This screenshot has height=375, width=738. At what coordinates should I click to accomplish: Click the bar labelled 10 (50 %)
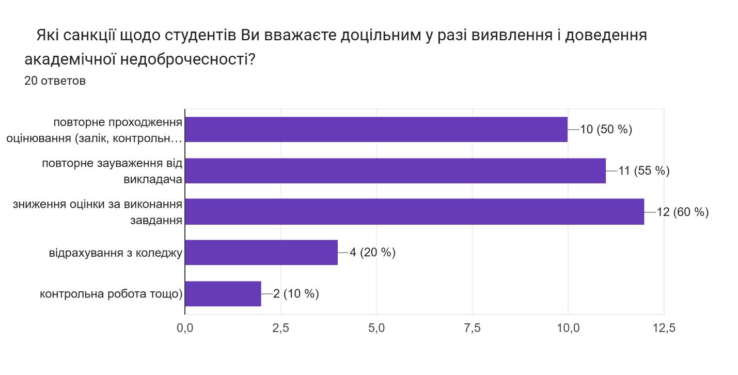376,130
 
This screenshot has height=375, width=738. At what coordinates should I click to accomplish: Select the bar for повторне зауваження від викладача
395,171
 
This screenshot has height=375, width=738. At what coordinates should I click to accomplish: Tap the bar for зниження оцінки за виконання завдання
414,212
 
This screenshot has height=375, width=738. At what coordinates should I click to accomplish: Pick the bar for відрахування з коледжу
261,253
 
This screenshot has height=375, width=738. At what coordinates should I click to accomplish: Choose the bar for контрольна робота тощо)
223,294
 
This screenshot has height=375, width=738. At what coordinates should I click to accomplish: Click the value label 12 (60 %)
682,212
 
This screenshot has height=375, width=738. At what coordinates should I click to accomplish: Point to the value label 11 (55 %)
643,171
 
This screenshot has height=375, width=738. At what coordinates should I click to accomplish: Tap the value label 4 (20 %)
372,253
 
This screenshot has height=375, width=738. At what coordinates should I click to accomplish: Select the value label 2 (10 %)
296,294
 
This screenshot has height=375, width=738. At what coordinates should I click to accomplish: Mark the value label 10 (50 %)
606,130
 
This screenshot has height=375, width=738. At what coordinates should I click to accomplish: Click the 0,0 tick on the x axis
185,329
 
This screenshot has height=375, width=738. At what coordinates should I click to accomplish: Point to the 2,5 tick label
280,329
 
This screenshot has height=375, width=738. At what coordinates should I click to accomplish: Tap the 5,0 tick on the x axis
376,329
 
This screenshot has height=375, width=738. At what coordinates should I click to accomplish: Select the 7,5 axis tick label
473,329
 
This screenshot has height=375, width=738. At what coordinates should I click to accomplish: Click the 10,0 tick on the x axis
568,329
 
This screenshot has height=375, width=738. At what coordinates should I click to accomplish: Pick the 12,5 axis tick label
664,329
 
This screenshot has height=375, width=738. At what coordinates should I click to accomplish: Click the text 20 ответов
55,81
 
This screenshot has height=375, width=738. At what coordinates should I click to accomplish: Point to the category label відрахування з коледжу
115,253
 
